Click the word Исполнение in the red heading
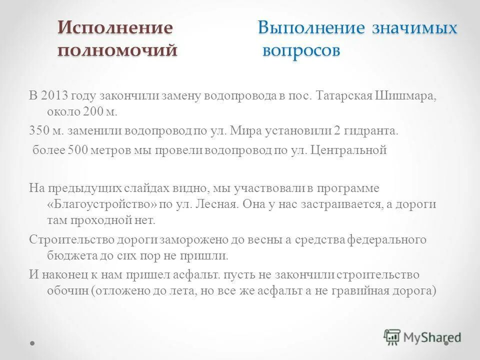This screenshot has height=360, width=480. pyautogui.click(x=115, y=28)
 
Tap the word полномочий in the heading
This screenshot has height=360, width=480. pyautogui.click(x=117, y=50)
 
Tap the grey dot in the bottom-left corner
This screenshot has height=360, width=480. pyautogui.click(x=33, y=343)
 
